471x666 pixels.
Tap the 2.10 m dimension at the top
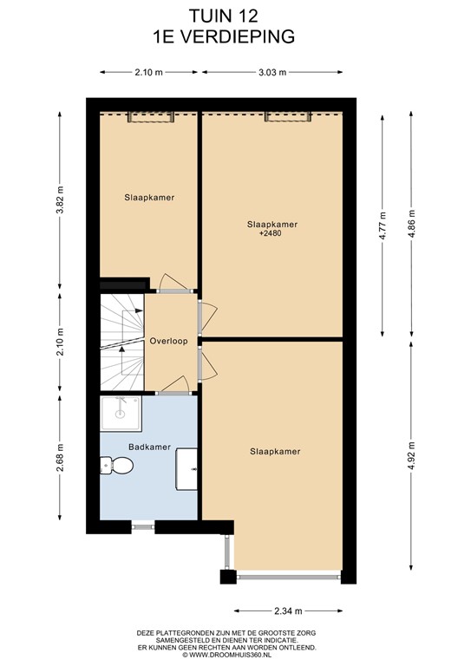click(x=148, y=73)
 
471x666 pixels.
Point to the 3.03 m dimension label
click(x=271, y=73)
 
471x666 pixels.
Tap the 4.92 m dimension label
click(x=411, y=456)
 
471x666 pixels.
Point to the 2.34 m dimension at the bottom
click(x=286, y=610)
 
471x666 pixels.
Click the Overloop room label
click(x=168, y=341)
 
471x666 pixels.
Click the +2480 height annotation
click(x=271, y=234)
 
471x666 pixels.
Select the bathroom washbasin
click(x=187, y=468)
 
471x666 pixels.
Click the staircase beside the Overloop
click(x=121, y=343)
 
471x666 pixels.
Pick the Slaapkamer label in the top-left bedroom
click(x=148, y=198)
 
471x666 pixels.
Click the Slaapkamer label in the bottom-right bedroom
click(x=274, y=452)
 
